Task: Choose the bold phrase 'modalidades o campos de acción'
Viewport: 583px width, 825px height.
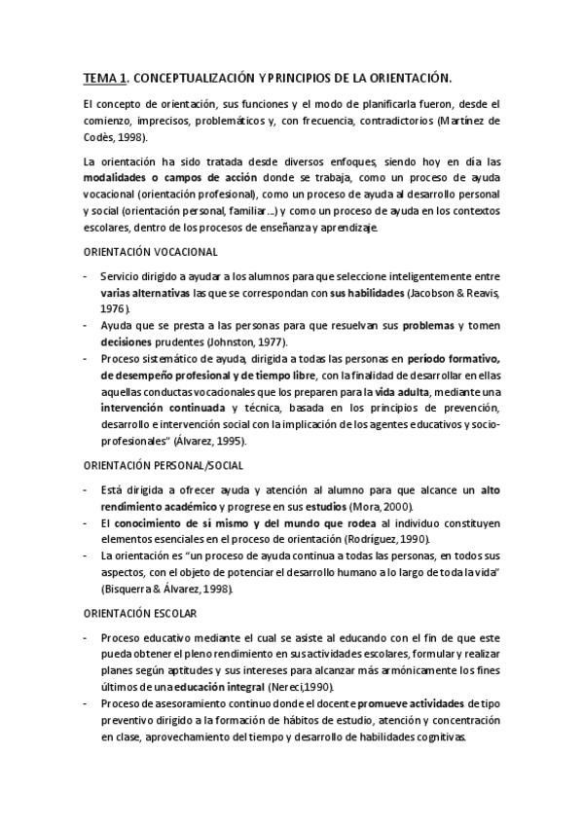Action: (166, 179)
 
